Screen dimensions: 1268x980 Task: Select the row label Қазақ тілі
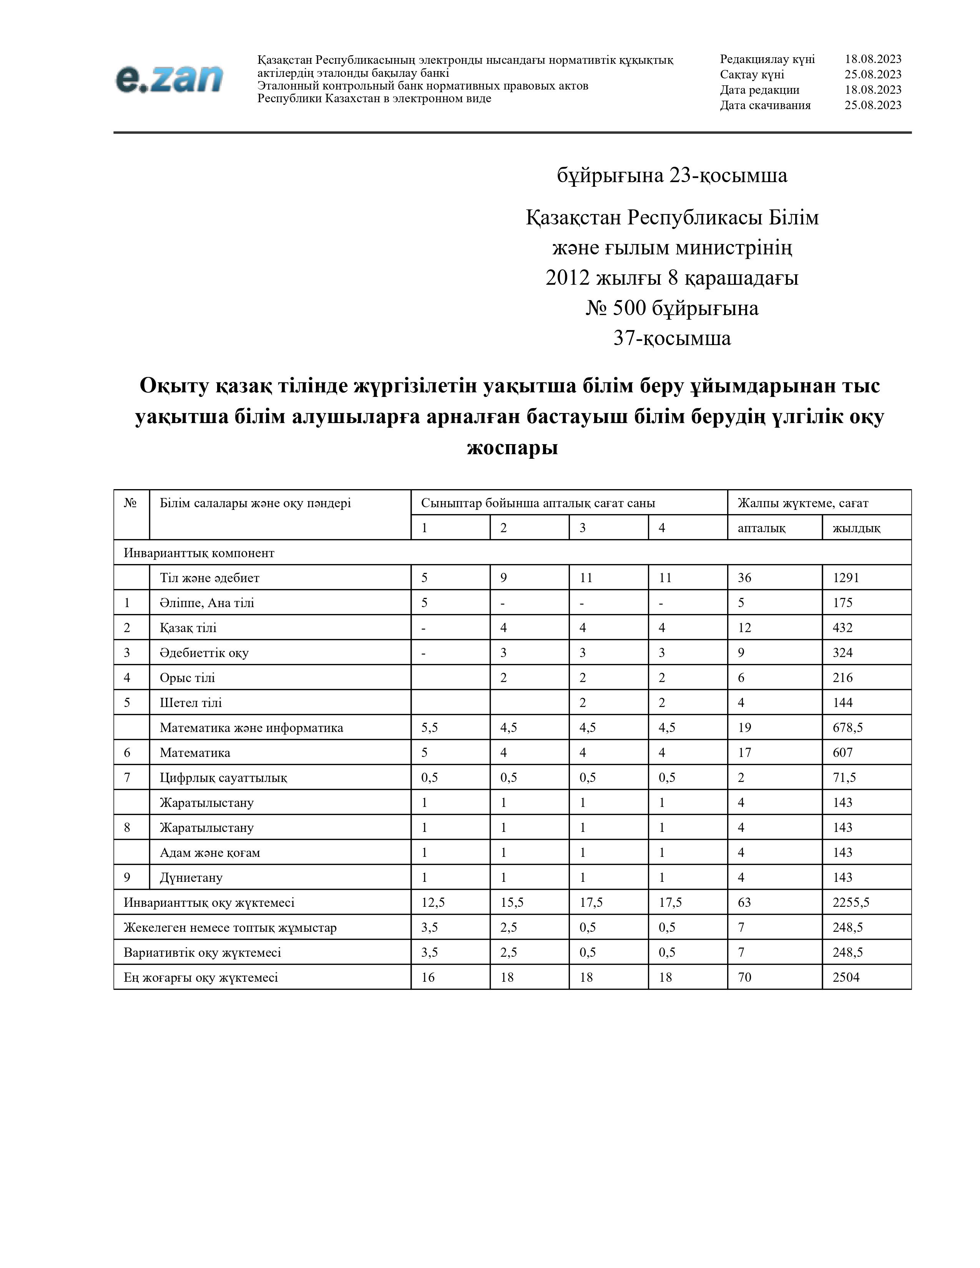click(x=188, y=627)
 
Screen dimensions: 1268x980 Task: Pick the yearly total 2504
click(x=845, y=977)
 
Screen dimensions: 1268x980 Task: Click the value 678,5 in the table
click(x=848, y=727)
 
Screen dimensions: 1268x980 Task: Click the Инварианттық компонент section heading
click(x=199, y=553)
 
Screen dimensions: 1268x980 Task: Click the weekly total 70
click(x=744, y=977)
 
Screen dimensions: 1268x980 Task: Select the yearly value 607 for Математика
click(x=842, y=752)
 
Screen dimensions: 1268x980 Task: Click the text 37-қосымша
click(x=672, y=338)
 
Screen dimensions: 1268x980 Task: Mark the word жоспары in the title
click(x=512, y=448)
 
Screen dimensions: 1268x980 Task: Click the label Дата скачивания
click(x=765, y=105)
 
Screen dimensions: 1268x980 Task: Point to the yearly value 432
click(x=842, y=627)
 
